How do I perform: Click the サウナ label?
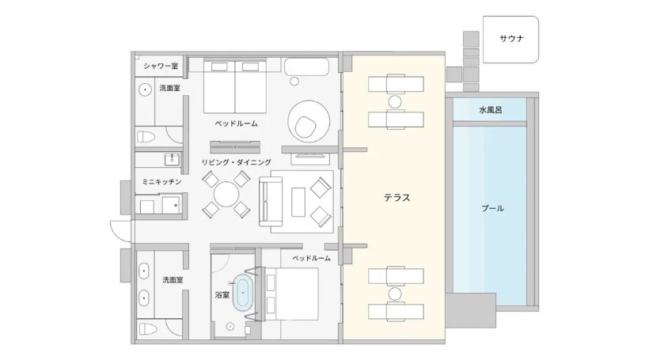coord(511,39)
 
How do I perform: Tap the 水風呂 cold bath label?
coord(491,110)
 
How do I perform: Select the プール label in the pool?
coord(492,208)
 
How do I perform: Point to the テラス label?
coord(397,198)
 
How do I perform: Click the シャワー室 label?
coord(161,66)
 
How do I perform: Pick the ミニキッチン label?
coord(161,182)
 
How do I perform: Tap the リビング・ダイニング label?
coord(237,162)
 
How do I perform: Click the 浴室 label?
coord(222,295)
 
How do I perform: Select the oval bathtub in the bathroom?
coord(242,293)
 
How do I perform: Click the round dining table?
coord(226,195)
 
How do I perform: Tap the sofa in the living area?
coord(271,202)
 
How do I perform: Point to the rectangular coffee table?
coord(298,202)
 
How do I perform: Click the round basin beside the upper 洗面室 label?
coord(145,89)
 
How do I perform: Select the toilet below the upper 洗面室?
coord(146,137)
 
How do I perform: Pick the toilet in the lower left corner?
coord(147,329)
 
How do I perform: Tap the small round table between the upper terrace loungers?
coord(395,102)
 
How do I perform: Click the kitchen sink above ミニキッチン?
coord(172,159)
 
